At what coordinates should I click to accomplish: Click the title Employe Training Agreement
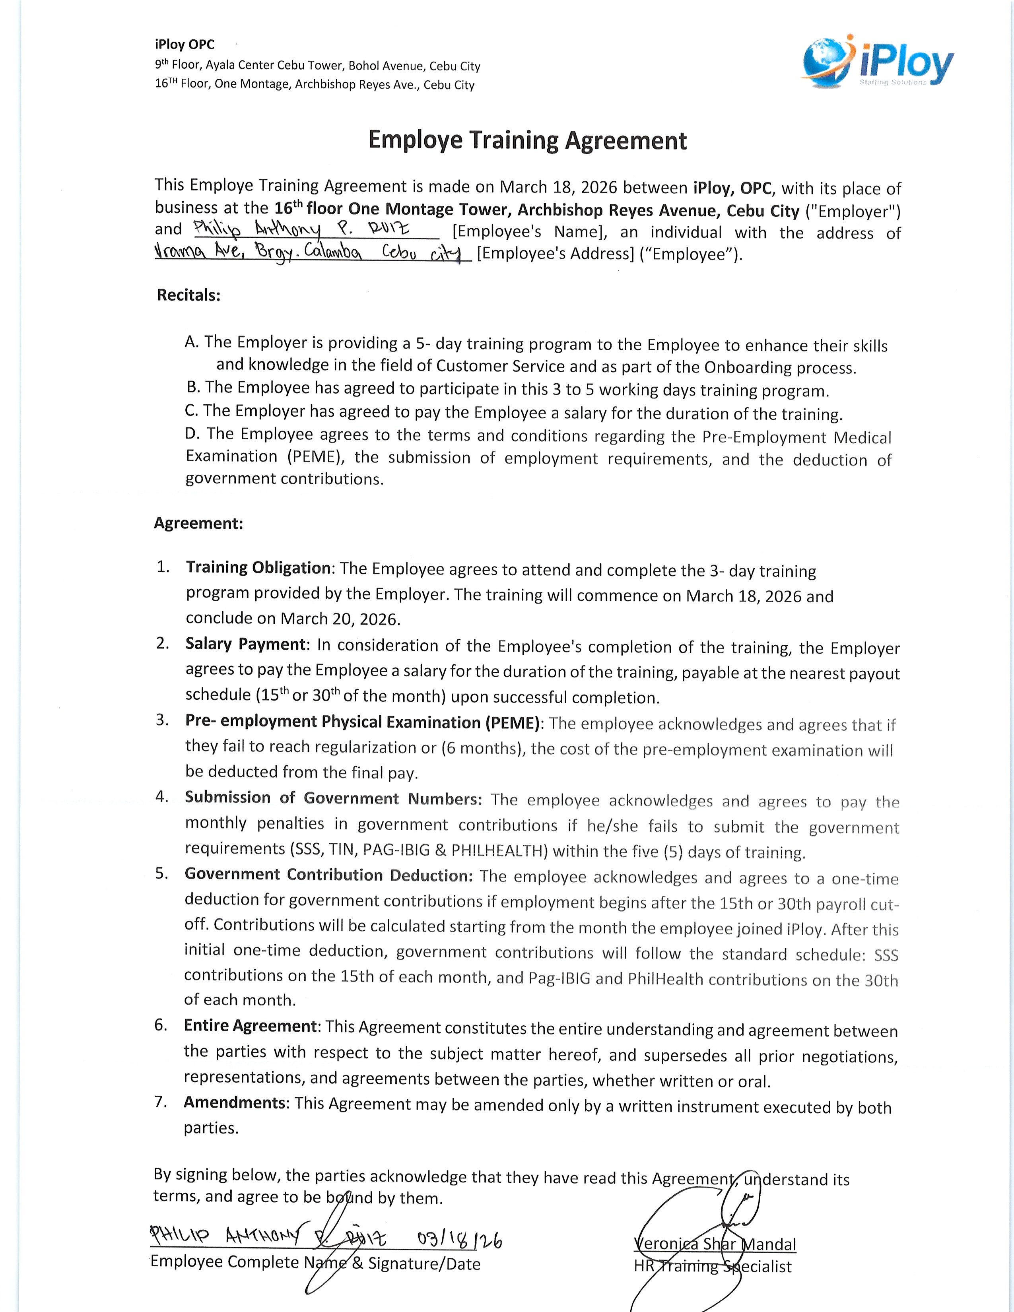tap(527, 141)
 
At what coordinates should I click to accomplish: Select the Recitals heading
tap(188, 295)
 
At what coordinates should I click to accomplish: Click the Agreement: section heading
tap(198, 523)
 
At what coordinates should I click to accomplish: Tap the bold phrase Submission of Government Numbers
tap(333, 798)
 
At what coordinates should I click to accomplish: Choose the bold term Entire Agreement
tap(250, 1025)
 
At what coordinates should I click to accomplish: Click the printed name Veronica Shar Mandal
tap(715, 1244)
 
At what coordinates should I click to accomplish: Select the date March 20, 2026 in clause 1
tap(340, 619)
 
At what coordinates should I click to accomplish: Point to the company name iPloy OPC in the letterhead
tap(185, 45)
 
